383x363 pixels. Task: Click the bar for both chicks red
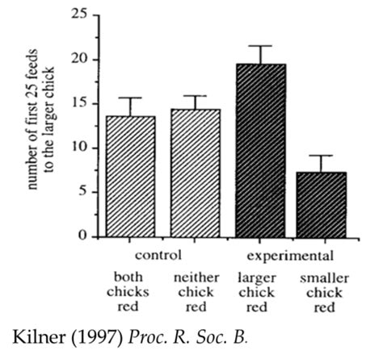tap(130, 177)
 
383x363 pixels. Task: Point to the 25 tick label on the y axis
tap(78, 15)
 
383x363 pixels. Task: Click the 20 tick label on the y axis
tap(78, 60)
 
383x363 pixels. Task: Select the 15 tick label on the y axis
tap(78, 104)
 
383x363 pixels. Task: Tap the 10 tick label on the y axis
tap(78, 148)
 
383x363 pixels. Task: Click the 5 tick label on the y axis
tap(82, 192)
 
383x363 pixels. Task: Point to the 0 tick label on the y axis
tap(82, 236)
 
